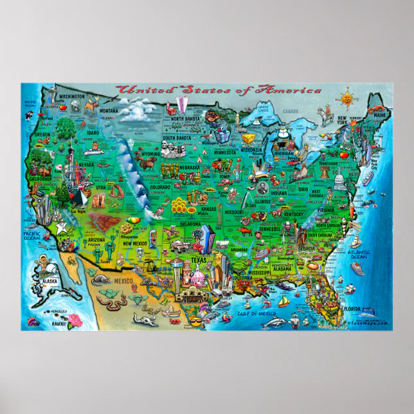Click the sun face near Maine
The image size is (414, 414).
[x=348, y=99]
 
